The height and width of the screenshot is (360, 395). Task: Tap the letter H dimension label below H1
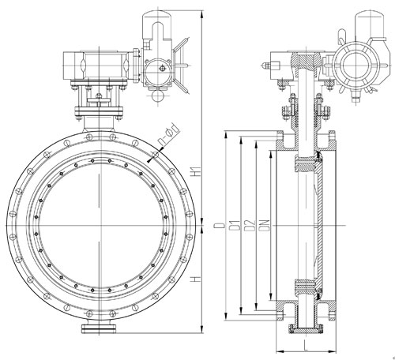point(194,280)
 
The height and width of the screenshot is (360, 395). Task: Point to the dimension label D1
point(232,227)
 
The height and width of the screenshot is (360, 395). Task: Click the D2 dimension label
point(247,227)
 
